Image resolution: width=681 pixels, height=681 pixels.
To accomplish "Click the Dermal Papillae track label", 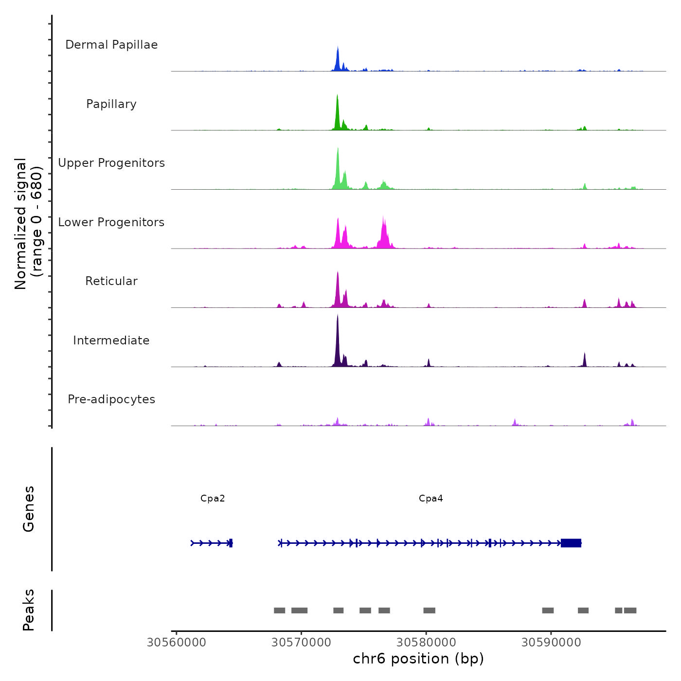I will [111, 45].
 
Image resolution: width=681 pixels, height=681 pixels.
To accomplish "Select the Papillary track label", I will [111, 104].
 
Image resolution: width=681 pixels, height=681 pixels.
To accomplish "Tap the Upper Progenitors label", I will [111, 163].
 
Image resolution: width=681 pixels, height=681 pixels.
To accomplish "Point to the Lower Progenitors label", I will [111, 222].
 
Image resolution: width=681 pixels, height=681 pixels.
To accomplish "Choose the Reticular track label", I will [111, 281].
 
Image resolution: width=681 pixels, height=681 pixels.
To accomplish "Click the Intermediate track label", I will [111, 340].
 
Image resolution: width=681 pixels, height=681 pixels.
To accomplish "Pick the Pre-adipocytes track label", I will [111, 399].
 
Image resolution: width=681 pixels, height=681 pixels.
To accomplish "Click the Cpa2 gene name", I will [213, 498].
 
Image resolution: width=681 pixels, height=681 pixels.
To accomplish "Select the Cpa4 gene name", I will [431, 498].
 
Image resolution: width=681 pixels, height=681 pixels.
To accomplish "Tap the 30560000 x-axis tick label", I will [176, 643].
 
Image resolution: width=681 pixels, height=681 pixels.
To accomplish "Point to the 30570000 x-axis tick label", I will [301, 643].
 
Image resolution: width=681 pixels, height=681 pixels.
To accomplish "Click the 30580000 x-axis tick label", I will [426, 643].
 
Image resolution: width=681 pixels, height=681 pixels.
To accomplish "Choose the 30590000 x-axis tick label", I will [551, 643].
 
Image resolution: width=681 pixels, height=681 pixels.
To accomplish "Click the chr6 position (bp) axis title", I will [418, 659].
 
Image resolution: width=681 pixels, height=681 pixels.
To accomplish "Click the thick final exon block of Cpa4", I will [571, 543].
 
